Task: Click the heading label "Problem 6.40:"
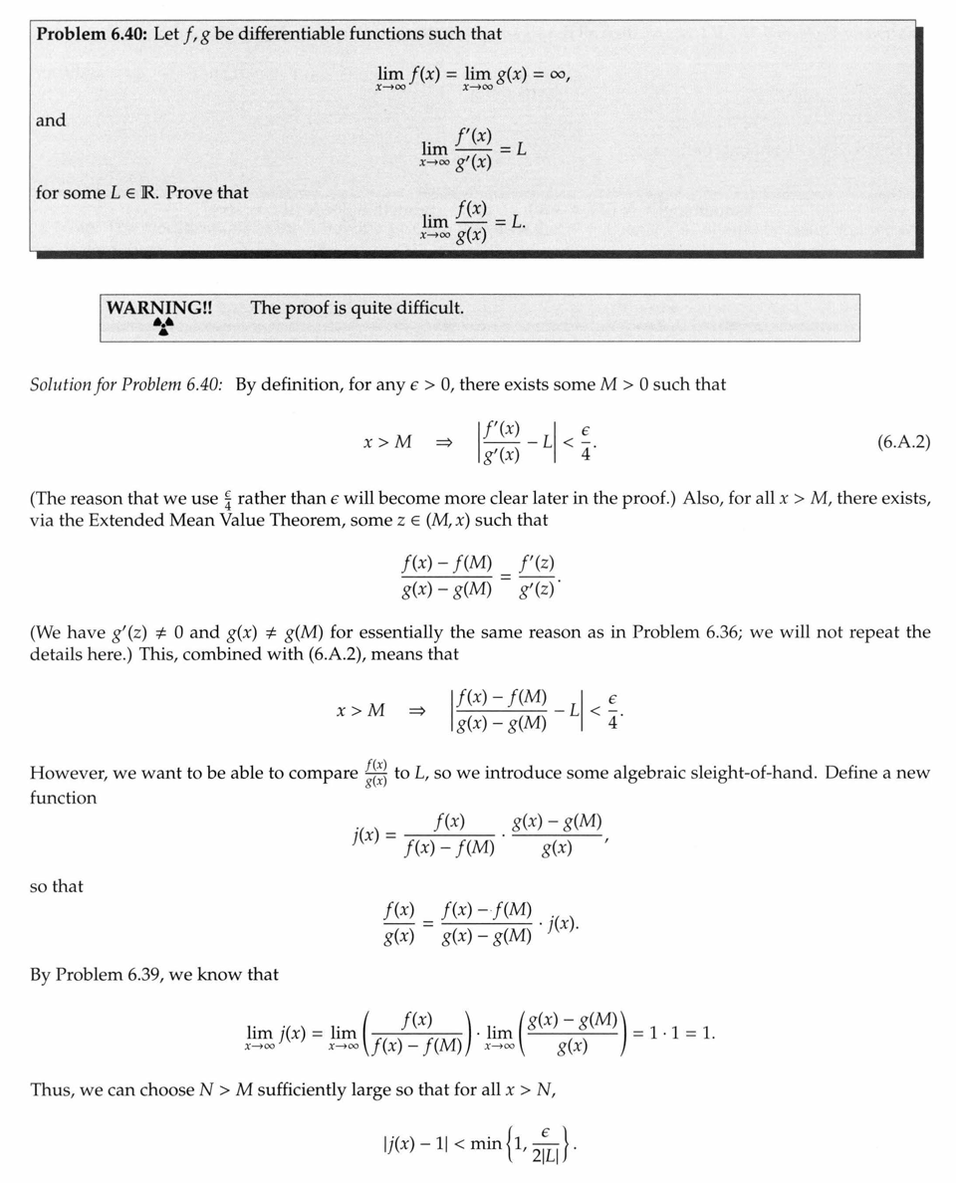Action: pyautogui.click(x=93, y=34)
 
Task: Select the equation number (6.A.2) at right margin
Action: pyautogui.click(x=903, y=442)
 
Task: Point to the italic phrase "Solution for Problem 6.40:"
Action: pyautogui.click(x=128, y=384)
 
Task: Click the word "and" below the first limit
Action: pyautogui.click(x=51, y=120)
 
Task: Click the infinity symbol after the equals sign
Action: pyautogui.click(x=553, y=74)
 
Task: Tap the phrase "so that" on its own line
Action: pyautogui.click(x=57, y=886)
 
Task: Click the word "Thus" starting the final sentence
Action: pyautogui.click(x=52, y=1089)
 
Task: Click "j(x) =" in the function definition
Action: pyautogui.click(x=369, y=834)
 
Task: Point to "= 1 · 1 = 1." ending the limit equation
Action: pyautogui.click(x=674, y=1033)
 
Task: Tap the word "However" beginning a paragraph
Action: pyautogui.click(x=68, y=773)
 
